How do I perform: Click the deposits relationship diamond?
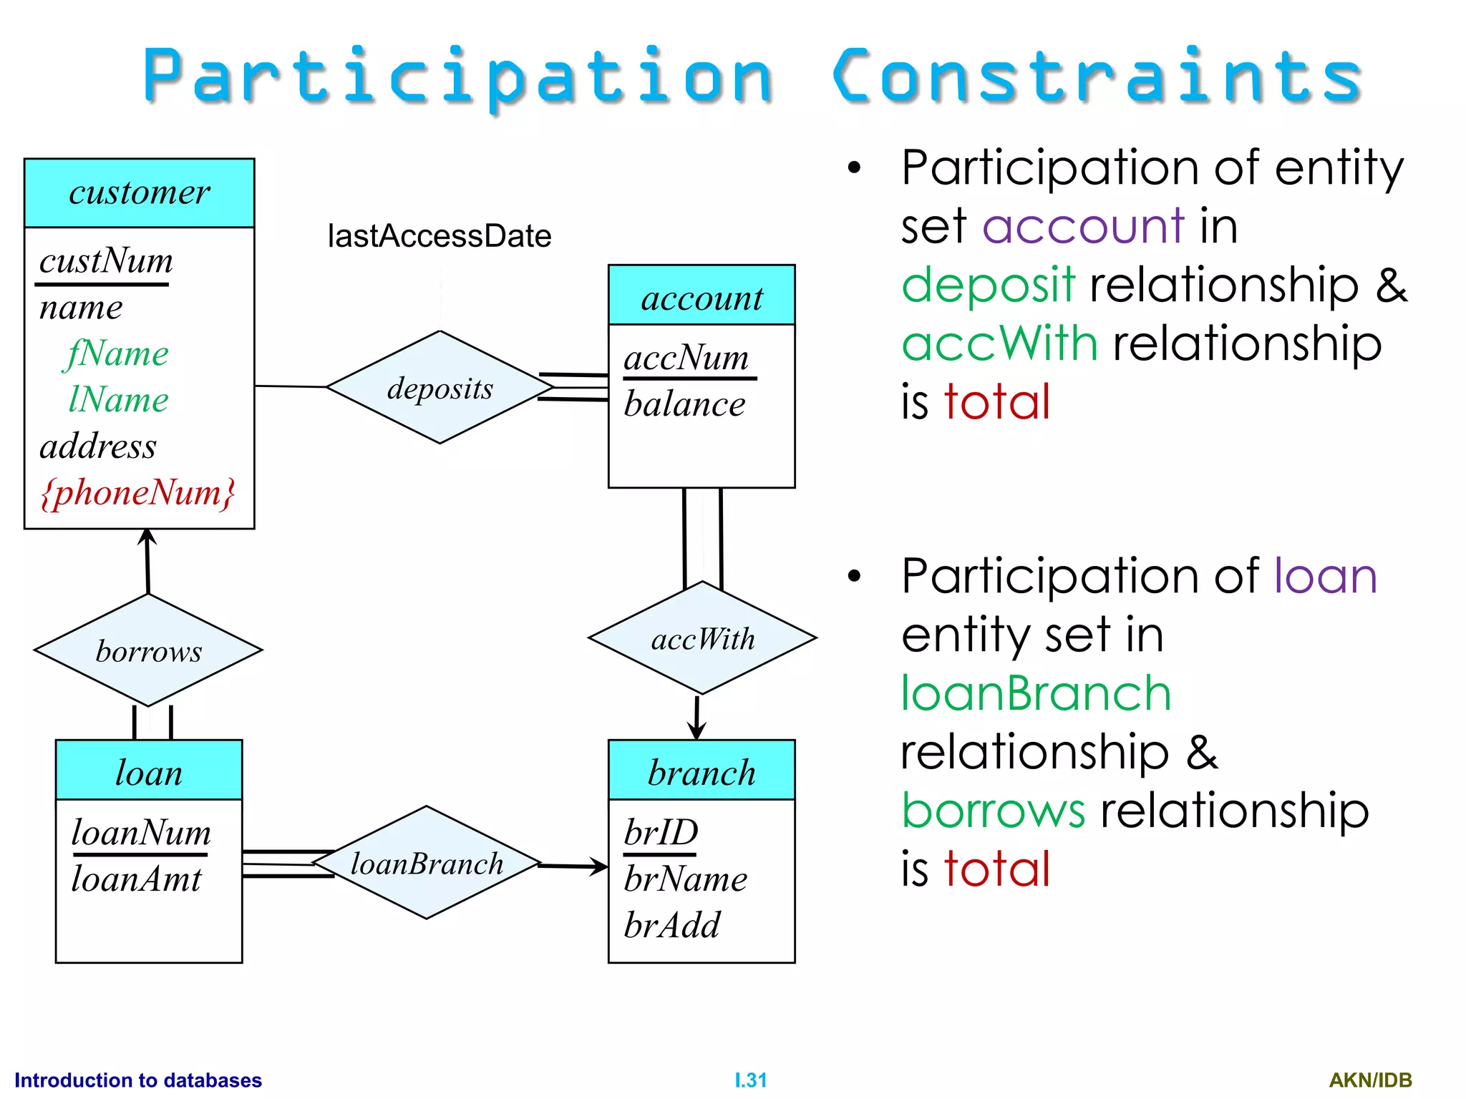440,387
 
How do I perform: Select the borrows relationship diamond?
148,650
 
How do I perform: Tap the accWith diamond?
702,638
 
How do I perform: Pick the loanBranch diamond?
427,863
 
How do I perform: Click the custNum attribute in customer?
106,261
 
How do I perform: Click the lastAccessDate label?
439,236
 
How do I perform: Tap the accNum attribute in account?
686,357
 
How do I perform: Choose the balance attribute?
684,404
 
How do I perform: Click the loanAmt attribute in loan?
136,879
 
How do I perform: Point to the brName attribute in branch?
685,879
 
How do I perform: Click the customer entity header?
140,193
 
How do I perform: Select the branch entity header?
702,772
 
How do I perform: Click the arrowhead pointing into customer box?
147,537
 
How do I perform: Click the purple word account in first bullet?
1083,226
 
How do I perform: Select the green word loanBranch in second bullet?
1035,693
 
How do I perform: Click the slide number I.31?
750,1080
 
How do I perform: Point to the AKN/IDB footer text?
1370,1080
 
